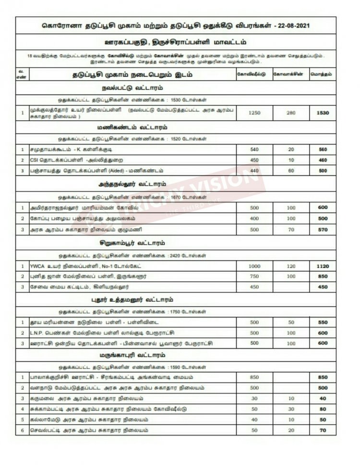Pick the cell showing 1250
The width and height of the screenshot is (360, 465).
(x=254, y=112)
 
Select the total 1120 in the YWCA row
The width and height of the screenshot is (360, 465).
(x=323, y=266)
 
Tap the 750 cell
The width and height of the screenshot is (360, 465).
(x=254, y=276)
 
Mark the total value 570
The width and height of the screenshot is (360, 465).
(x=323, y=229)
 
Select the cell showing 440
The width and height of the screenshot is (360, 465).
(x=254, y=170)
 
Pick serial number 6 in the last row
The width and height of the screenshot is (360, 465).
(x=22, y=430)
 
